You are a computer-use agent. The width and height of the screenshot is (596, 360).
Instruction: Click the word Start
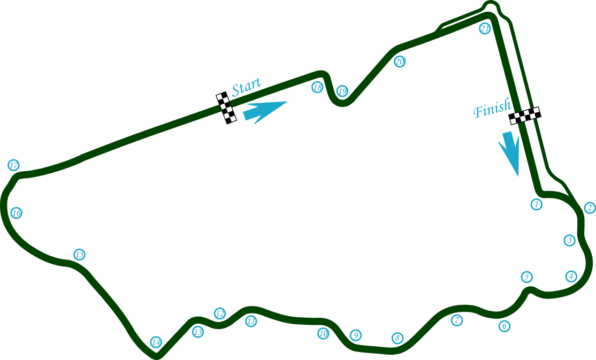coord(247,86)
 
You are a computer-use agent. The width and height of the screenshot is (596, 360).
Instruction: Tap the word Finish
coord(492,110)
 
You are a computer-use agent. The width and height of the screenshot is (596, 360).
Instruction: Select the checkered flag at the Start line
coord(226,108)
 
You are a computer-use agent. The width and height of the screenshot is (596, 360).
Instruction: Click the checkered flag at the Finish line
coord(525,116)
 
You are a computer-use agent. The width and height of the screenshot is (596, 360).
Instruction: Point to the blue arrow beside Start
coord(265,110)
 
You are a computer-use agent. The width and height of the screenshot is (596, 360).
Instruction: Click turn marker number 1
coord(537,204)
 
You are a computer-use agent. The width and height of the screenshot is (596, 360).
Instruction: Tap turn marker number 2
coord(590,208)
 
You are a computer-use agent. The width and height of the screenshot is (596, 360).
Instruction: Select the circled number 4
coord(571,277)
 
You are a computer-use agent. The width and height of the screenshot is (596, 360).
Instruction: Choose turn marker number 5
coord(527,277)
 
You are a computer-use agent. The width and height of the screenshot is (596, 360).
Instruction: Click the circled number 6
coord(505,326)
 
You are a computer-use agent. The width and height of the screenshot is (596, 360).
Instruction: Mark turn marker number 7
coord(456,320)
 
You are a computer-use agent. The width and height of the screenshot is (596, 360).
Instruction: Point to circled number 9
coord(355,335)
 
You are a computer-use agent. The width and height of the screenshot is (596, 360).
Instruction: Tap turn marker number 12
coord(220,313)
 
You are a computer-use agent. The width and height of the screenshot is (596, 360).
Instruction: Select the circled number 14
coord(156,342)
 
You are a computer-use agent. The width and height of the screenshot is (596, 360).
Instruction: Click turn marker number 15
coord(79,255)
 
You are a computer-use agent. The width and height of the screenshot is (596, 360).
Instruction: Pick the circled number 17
coord(14,165)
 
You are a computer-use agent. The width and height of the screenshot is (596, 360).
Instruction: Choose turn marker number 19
coord(342,91)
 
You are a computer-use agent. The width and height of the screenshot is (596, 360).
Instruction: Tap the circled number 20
coord(400,62)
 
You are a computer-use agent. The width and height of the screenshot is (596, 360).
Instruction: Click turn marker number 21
coord(485,29)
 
